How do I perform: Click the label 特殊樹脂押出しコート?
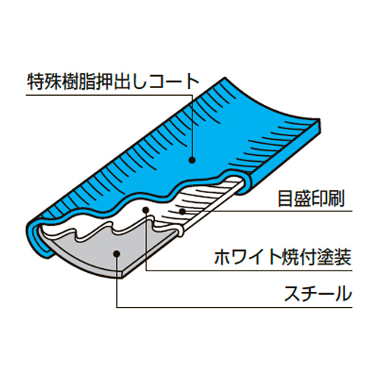pyautogui.click(x=112, y=81)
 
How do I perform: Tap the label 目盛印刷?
pyautogui.click(x=311, y=198)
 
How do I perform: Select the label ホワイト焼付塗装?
pyautogui.click(x=283, y=258)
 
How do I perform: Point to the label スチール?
pyautogui.click(x=318, y=293)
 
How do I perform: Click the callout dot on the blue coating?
pyautogui.click(x=192, y=160)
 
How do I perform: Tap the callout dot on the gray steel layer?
pyautogui.click(x=116, y=254)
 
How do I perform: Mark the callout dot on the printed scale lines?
pyautogui.click(x=182, y=211)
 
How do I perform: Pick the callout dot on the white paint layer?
pyautogui.click(x=145, y=210)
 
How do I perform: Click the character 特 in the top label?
pyautogui.click(x=36, y=81)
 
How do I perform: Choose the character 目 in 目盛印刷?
pyautogui.click(x=286, y=198)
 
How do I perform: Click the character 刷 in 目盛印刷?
pyautogui.click(x=337, y=198)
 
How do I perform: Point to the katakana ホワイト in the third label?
pyautogui.click(x=248, y=258)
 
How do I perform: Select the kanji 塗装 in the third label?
pyautogui.click(x=334, y=258)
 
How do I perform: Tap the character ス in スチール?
pyautogui.click(x=292, y=293)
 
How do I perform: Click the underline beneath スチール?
pyautogui.click(x=234, y=308)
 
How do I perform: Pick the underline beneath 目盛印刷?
pyautogui.click(x=268, y=211)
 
